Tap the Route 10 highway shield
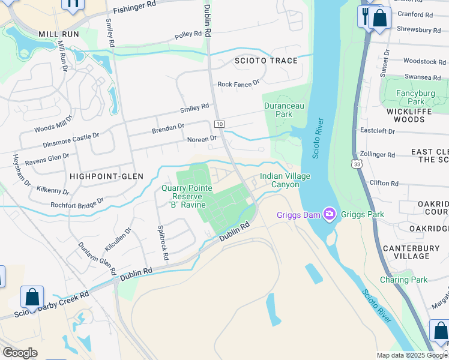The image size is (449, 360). (220, 124)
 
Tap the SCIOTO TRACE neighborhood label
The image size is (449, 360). (266, 61)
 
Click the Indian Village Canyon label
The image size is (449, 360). (279, 180)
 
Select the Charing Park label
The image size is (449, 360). (403, 280)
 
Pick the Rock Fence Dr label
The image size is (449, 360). (238, 84)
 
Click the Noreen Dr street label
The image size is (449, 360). (202, 139)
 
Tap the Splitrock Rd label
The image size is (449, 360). (162, 242)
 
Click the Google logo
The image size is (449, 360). (20, 352)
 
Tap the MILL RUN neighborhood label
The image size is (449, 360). (58, 34)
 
